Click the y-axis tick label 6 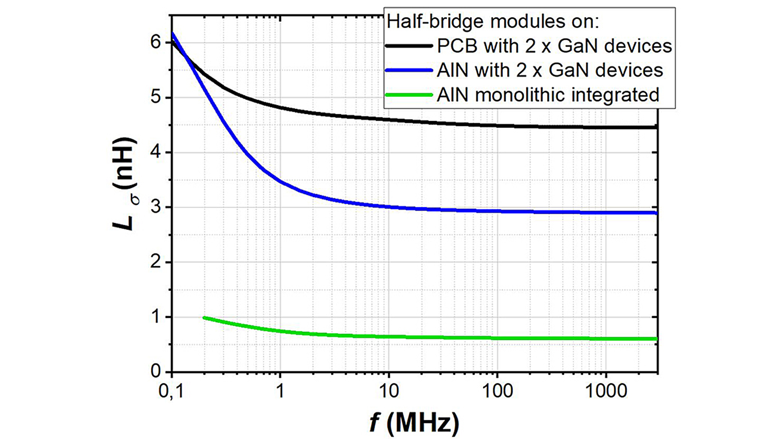[156, 42]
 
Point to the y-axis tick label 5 [156, 98]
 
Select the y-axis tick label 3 [156, 207]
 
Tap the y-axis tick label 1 [156, 317]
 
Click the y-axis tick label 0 [156, 372]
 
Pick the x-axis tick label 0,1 [171, 391]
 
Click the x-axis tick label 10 [388, 391]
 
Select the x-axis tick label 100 [497, 391]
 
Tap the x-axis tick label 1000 [606, 391]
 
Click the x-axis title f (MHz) [414, 423]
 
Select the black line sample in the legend [409, 46]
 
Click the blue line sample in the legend [409, 70]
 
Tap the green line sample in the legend [409, 95]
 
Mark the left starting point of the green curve [204, 317]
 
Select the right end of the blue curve [656, 213]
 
